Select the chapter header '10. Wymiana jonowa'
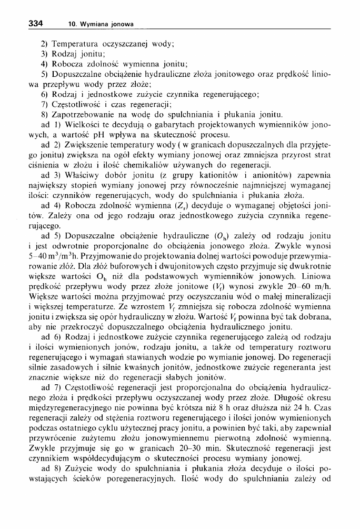(101, 24)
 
